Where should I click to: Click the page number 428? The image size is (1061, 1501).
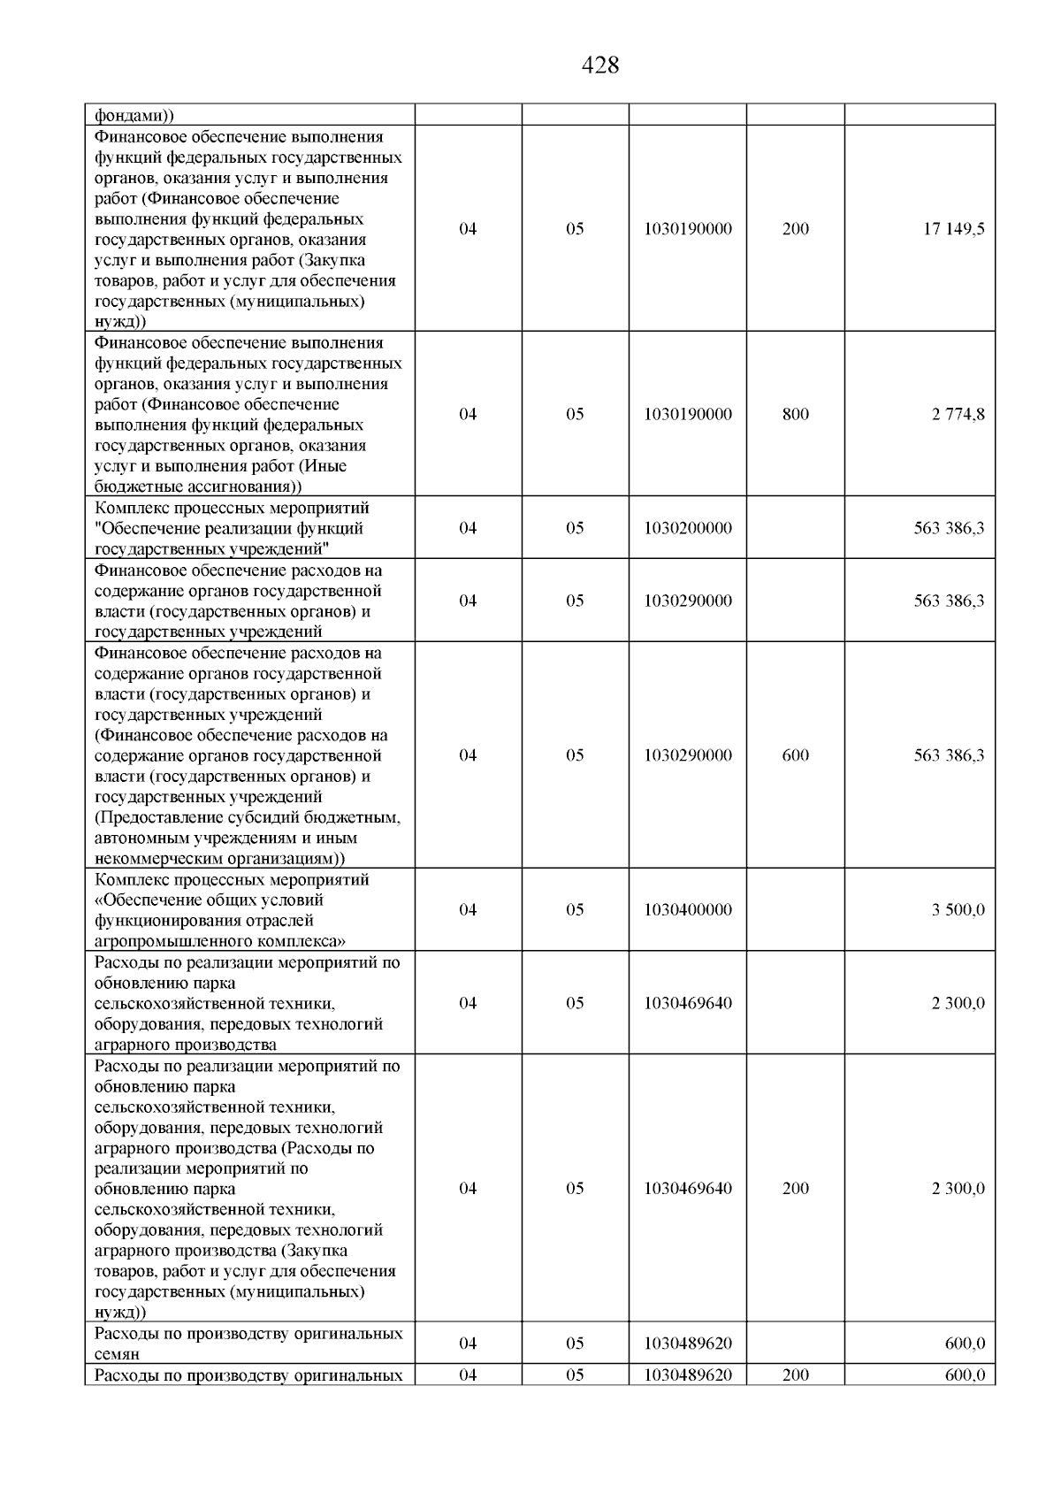tap(600, 65)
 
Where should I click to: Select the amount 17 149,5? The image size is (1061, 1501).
tap(954, 229)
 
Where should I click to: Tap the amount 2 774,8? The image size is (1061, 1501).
tap(958, 414)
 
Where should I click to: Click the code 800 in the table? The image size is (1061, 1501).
tap(795, 414)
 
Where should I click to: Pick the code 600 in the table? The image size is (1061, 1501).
tap(795, 755)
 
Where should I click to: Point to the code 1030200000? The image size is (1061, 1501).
tap(688, 528)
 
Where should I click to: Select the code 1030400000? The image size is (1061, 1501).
tap(688, 910)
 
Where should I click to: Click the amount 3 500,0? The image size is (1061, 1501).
tap(958, 910)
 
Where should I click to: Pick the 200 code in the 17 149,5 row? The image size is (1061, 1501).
tap(795, 229)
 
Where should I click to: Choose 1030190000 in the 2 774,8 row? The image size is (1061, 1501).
tap(688, 414)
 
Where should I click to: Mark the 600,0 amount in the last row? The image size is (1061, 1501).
tap(965, 1375)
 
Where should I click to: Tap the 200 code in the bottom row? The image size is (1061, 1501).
tap(795, 1375)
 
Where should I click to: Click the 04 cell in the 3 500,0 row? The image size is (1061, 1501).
tap(468, 910)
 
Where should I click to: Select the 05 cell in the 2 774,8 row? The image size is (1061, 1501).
tap(575, 414)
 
